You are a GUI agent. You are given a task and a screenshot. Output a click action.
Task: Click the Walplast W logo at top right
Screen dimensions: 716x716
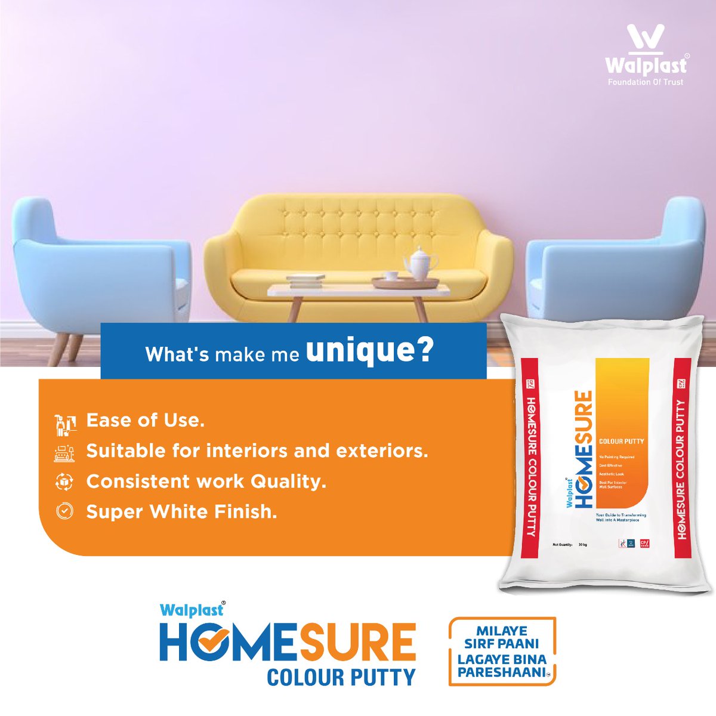[646, 39]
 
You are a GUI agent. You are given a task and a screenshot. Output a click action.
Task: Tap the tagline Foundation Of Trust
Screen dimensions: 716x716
[646, 82]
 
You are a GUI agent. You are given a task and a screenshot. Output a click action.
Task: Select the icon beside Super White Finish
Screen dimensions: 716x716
[64, 511]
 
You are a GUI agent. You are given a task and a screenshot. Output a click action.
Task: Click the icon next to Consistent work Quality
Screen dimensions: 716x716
[64, 482]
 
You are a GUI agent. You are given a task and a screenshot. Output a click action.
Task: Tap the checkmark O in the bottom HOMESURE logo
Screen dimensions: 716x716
[209, 642]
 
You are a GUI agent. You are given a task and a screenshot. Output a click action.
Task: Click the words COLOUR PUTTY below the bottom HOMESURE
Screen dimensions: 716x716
[341, 678]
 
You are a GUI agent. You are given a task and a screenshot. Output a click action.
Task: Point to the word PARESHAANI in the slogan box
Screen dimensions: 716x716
[500, 672]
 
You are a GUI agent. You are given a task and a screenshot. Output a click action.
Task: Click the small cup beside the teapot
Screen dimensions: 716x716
[391, 276]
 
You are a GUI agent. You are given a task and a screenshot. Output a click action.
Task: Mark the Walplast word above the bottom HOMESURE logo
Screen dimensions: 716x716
[191, 610]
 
